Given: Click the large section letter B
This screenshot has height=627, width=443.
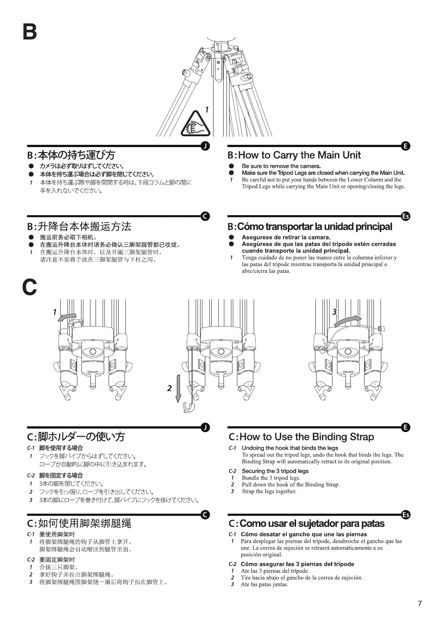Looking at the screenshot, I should click(x=30, y=32).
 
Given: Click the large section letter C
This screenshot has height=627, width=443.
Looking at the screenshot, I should click(x=30, y=287).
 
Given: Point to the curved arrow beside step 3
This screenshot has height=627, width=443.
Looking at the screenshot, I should click(x=348, y=321).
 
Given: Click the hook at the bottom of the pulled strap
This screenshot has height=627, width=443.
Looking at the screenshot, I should click(x=188, y=408).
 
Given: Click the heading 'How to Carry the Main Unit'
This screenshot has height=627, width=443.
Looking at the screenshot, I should click(x=294, y=155).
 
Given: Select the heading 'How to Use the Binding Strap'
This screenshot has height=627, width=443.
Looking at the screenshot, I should click(x=301, y=437).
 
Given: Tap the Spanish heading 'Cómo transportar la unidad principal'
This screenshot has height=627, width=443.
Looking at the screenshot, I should click(x=309, y=226).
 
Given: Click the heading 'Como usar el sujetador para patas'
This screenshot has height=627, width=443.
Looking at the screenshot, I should click(x=306, y=523).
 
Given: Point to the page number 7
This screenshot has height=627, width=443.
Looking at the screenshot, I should click(x=420, y=604).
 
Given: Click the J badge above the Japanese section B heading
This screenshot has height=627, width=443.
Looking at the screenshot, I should click(x=205, y=146).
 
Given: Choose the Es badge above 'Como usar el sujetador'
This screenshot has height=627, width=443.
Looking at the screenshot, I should click(x=406, y=515).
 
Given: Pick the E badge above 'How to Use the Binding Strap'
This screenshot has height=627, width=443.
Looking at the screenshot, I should click(x=406, y=427).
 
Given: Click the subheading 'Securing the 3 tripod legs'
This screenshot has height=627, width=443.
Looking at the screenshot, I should click(x=275, y=471).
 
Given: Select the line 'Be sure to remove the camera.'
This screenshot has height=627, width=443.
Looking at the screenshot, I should click(x=281, y=166).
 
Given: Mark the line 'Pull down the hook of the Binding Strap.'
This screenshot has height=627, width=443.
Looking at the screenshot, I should click(x=290, y=484).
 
